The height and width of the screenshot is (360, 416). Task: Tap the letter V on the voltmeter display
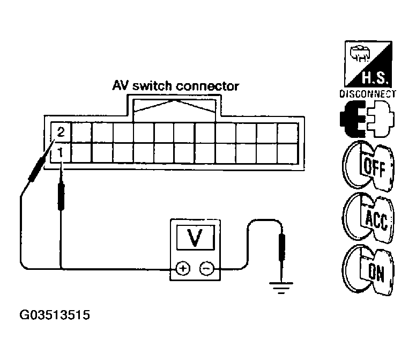pyautogui.click(x=195, y=237)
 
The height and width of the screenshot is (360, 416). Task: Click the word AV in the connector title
pyautogui.click(x=121, y=86)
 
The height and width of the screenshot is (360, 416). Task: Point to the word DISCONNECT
pyautogui.click(x=367, y=93)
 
